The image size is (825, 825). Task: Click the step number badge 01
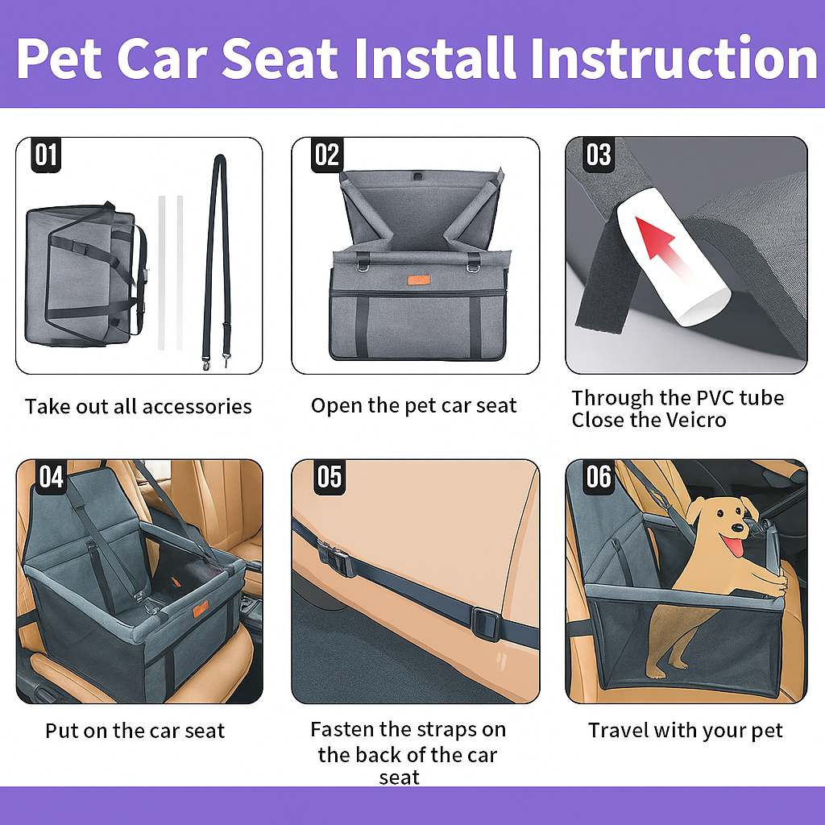[46, 154]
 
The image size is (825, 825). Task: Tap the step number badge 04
[51, 476]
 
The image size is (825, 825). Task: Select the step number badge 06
[599, 476]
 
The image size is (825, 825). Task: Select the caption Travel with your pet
[686, 731]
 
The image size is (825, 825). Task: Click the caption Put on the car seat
[135, 732]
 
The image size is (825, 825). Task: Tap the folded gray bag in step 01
[81, 274]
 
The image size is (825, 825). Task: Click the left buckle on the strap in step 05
[335, 557]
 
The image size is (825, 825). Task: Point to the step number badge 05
[329, 476]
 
